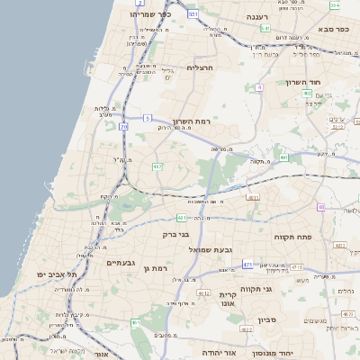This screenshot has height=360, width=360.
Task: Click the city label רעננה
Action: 262,17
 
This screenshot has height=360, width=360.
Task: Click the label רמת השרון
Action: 191,121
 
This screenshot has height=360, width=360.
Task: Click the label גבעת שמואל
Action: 211,248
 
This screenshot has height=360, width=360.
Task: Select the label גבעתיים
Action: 121,262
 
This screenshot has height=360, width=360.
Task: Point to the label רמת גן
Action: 155,268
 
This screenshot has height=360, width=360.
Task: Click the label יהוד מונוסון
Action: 292,354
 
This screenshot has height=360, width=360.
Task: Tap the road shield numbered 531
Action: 193,15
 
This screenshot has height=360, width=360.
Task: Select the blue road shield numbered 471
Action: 247,265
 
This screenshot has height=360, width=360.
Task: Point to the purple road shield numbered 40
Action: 320,207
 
